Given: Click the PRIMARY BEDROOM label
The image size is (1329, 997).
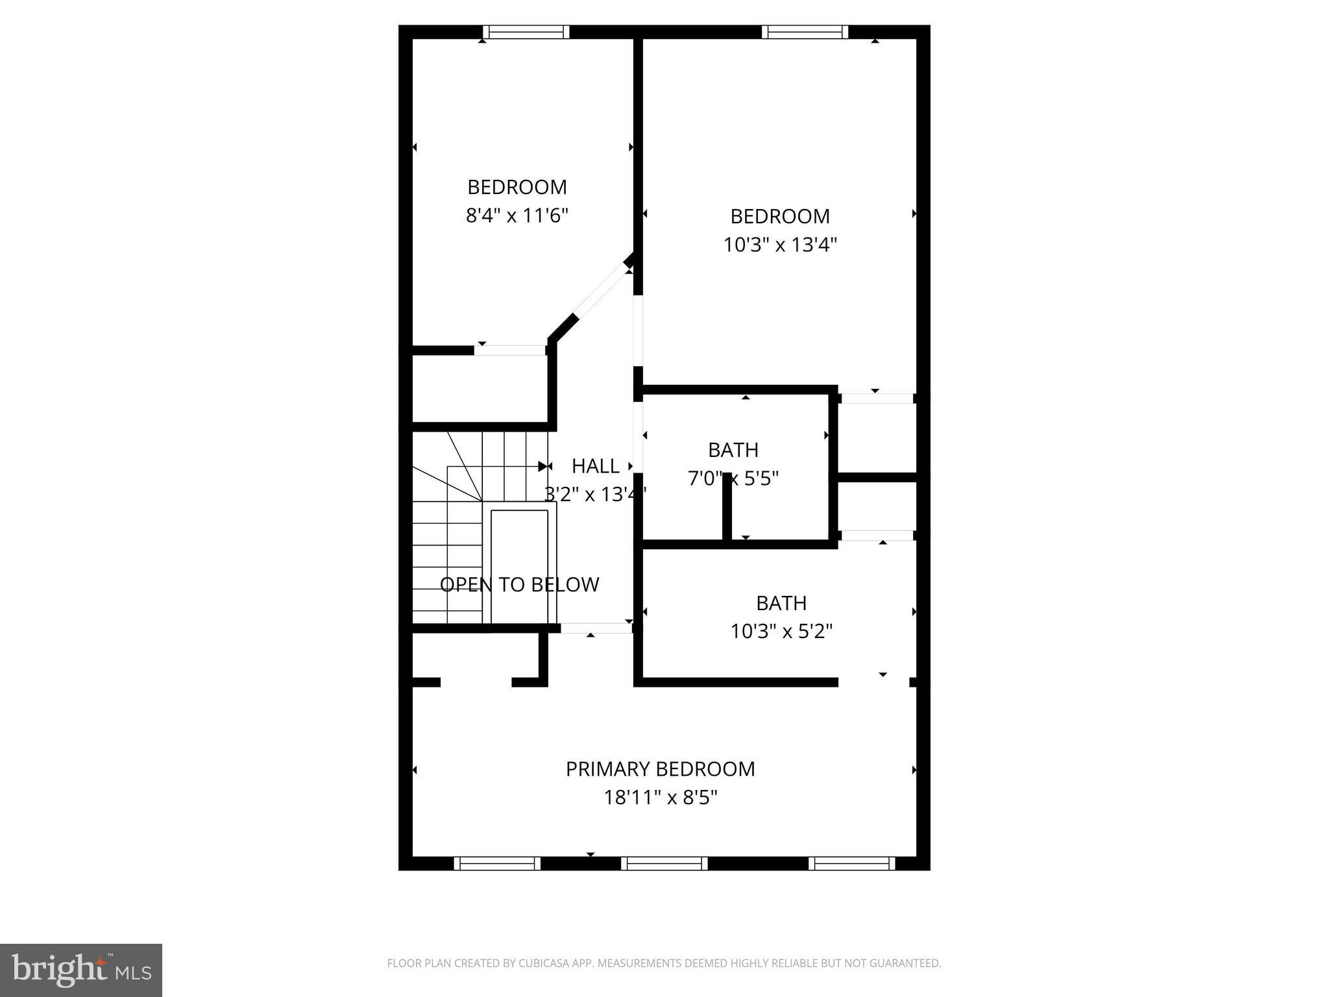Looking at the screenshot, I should [x=660, y=769].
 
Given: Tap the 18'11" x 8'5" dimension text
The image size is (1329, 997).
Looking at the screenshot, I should [x=660, y=797].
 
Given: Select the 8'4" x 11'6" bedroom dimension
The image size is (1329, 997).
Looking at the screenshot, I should [x=517, y=215].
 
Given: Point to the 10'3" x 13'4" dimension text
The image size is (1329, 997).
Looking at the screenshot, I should [x=780, y=245].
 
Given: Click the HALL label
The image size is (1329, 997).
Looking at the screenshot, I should [x=595, y=465].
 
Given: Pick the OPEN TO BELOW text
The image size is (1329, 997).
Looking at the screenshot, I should [x=519, y=584].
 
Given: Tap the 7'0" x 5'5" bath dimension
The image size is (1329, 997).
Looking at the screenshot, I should [x=733, y=478].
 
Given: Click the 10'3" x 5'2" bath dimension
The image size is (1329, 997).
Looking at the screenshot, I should [x=781, y=631].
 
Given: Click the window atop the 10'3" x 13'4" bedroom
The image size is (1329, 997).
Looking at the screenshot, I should [x=805, y=32].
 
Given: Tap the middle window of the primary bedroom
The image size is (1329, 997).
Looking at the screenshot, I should [x=664, y=863].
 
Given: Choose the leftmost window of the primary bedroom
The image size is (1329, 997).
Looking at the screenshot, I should [x=497, y=863].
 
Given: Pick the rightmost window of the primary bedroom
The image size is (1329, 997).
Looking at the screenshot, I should [x=852, y=863].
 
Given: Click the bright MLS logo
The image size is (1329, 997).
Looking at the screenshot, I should [x=81, y=970].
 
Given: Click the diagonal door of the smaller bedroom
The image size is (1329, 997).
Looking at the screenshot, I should [x=602, y=293].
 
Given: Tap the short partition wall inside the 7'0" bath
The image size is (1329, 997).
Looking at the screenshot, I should [x=727, y=506].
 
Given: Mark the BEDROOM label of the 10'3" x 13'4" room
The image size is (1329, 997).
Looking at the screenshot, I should [x=780, y=216].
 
